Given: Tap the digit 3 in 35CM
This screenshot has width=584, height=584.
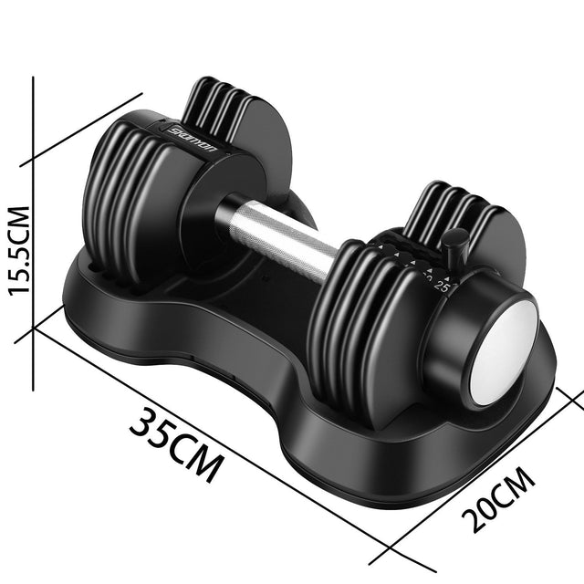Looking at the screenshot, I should pyautogui.click(x=142, y=422).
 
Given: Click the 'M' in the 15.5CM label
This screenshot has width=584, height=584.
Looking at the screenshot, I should pyautogui.click(x=20, y=218).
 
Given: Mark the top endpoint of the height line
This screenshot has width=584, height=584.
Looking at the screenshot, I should pyautogui.click(x=34, y=78).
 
